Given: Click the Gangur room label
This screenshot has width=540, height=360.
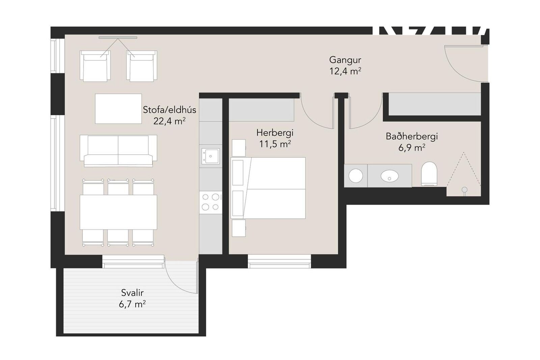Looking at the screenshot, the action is tap(345, 60).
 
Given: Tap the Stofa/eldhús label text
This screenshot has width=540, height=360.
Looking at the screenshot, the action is tap(169, 110).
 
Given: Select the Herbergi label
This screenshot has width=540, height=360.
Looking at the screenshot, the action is tap(275, 133).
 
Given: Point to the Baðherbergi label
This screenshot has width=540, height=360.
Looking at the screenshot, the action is tap(411, 137).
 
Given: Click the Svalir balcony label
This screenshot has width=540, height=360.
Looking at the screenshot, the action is tap(132, 293).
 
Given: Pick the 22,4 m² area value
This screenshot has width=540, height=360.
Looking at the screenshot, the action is tap(169, 121).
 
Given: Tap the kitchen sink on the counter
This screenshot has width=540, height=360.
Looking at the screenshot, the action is tap(211, 156).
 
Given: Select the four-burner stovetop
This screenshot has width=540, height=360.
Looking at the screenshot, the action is tap(211, 202).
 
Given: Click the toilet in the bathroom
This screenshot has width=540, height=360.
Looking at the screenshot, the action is tap(429, 174).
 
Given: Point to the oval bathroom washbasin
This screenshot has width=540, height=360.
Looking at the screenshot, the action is tap(389, 176).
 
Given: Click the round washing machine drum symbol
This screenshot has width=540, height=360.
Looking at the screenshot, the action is tap(356, 176).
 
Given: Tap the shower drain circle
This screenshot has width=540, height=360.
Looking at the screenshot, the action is tap(464, 190).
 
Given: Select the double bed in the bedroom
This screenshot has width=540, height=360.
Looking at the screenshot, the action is tap(268, 188).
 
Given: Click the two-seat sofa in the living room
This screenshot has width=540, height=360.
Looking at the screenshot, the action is tap(118, 151).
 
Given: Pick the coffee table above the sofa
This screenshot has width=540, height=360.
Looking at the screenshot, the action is tap(118, 109).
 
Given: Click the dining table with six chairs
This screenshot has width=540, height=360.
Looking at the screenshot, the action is tap(118, 212).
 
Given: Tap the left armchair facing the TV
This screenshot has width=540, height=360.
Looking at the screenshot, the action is tap(95, 65).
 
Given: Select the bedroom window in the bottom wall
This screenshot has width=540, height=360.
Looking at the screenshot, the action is tap(279, 261).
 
